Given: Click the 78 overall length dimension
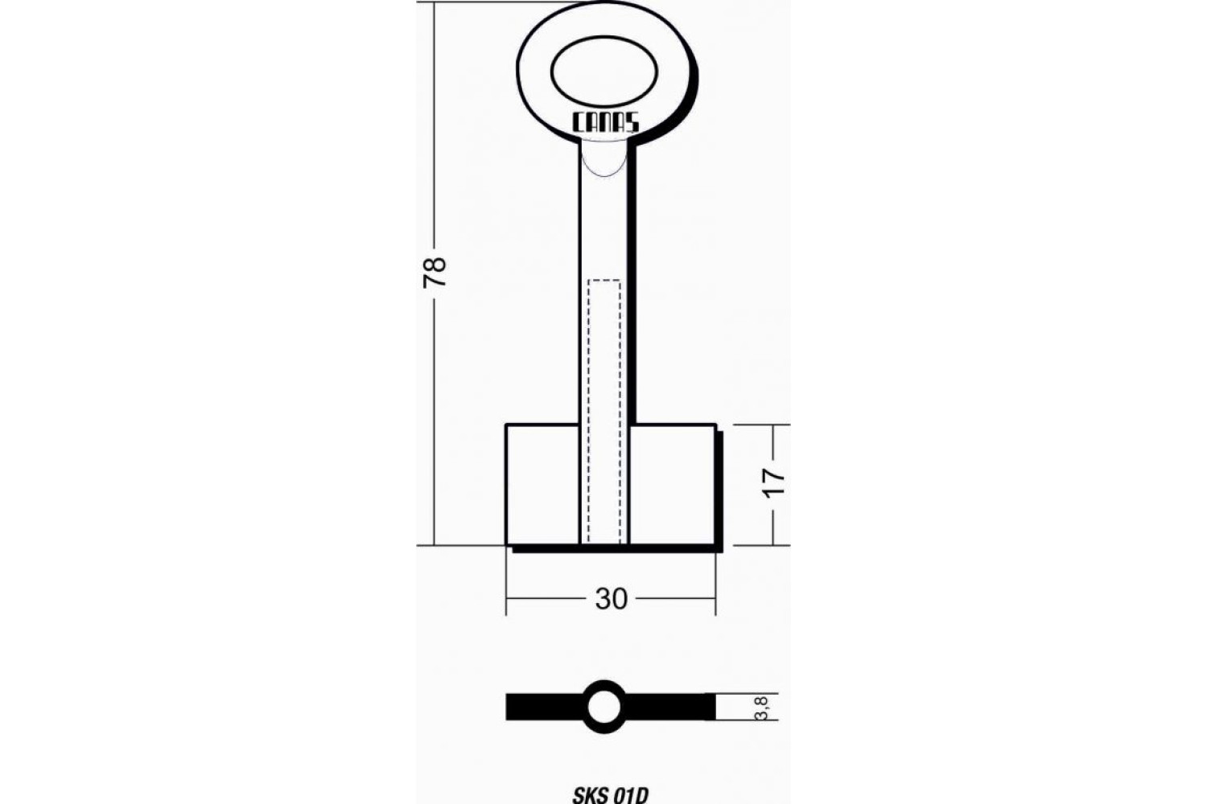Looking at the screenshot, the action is pos(435,273).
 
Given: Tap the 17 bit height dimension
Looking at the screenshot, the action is pos(776,482).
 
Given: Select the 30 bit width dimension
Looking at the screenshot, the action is pos(611,599).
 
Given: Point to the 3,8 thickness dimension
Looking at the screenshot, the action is pos(762,707).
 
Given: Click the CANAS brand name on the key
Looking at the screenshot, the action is pos(605,123).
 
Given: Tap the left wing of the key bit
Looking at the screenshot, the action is pos(542,485).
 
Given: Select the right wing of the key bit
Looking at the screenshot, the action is pos(673,485).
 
